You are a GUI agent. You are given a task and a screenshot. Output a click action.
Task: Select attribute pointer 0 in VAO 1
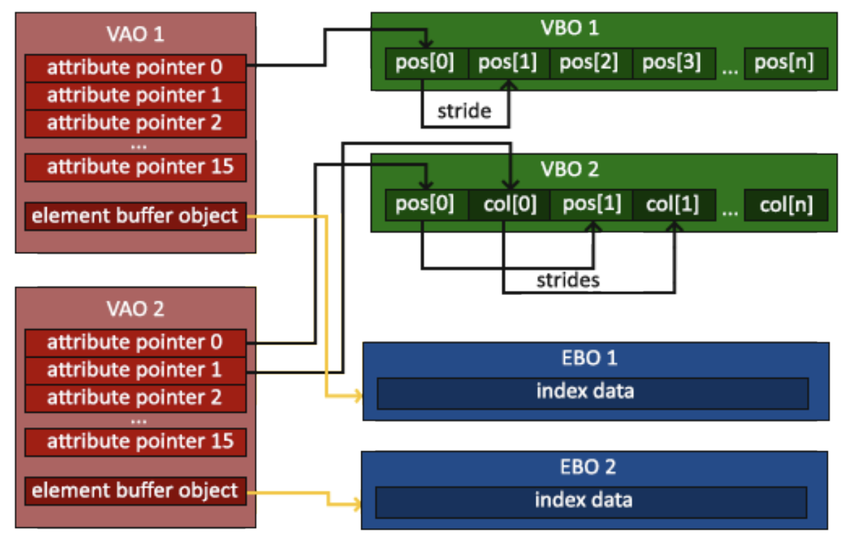coord(136,68)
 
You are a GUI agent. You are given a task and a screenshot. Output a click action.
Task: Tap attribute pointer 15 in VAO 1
coord(136,167)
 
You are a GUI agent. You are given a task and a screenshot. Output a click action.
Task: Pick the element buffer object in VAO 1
coord(136,216)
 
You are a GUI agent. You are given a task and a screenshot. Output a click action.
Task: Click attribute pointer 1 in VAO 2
coord(136,370)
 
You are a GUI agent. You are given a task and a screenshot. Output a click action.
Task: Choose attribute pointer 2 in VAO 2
coord(136,397)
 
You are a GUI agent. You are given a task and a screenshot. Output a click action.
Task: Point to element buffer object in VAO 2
coord(136,491)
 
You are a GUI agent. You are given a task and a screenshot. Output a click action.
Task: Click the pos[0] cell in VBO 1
coord(426,63)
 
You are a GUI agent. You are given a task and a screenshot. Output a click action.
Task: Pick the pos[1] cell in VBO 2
coord(591,205)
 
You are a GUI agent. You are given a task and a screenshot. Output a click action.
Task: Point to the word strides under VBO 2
coord(568,281)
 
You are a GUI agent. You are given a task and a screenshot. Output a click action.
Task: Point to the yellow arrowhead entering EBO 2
coord(358,502)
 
